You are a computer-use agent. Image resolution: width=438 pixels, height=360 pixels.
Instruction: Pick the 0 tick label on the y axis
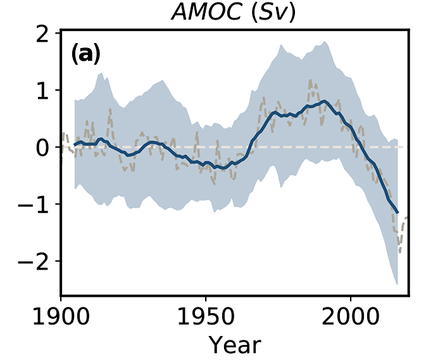[x=43, y=147]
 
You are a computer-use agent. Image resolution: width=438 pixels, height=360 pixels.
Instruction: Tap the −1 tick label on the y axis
[x=35, y=204]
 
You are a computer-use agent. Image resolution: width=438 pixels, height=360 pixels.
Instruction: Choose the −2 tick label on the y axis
[x=35, y=261]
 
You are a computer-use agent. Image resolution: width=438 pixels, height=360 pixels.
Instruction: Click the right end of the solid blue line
[x=397, y=213]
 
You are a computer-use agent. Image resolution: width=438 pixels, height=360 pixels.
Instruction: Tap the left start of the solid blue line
[x=75, y=145]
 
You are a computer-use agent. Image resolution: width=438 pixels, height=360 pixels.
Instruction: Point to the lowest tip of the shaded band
[x=396, y=285]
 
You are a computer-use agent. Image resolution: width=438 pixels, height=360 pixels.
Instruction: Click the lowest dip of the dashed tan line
[x=399, y=251]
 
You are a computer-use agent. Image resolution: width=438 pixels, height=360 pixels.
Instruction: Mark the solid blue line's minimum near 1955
[x=219, y=168]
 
